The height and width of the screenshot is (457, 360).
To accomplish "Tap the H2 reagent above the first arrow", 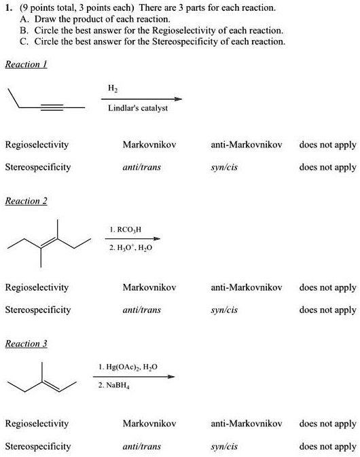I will tap(112, 88).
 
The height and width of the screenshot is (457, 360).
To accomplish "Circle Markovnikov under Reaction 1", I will tap(149, 145).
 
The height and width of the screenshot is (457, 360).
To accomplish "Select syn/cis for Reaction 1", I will tap(224, 167).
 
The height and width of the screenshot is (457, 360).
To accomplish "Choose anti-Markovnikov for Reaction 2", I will tap(246, 288).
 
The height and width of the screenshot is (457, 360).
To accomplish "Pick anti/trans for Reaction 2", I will tap(142, 310).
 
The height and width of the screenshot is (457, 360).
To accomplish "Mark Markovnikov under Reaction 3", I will tap(149, 424).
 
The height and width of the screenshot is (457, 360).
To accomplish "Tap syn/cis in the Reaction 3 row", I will tap(224, 446).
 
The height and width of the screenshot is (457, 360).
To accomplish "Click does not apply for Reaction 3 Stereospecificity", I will tap(327, 446).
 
